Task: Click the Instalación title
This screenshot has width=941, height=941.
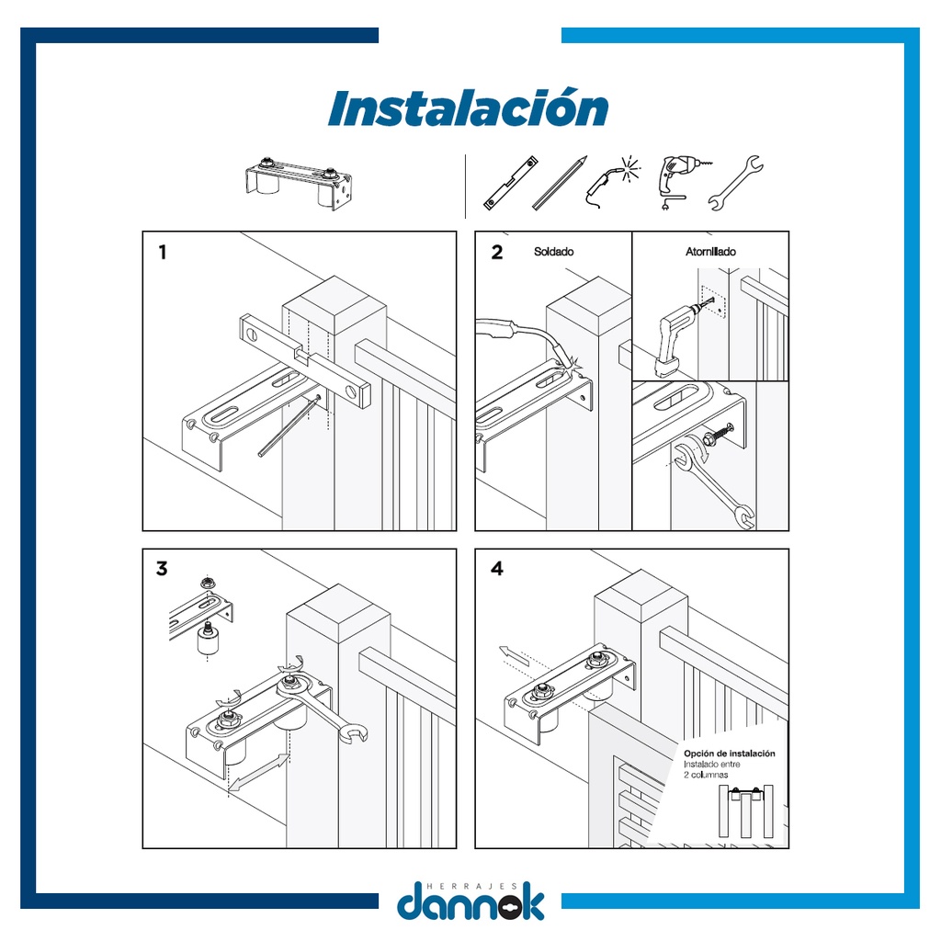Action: pos(468,108)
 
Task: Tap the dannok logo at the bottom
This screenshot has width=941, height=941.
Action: pos(470,901)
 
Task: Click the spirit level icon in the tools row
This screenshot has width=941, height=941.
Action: pos(511,183)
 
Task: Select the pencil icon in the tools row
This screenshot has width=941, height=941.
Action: pos(560,183)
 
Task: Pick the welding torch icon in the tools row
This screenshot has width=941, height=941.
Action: pos(612,183)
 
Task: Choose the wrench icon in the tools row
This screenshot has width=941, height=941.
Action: pos(735,183)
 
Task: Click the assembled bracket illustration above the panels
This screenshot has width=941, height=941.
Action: pos(299,183)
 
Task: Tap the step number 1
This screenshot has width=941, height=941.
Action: pos(162,252)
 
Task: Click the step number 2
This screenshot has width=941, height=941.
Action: pos(497,252)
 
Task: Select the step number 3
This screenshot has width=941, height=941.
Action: pos(162,568)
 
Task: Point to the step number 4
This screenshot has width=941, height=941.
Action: pos(497,568)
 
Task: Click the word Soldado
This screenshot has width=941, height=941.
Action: pos(553,252)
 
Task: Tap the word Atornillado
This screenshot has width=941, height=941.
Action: pos(710,252)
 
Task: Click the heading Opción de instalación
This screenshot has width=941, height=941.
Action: pos(729,754)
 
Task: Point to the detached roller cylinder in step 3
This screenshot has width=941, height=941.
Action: pos(208,641)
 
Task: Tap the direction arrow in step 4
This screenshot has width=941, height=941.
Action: pos(514,655)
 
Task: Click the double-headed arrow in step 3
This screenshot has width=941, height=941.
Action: pos(258,772)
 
